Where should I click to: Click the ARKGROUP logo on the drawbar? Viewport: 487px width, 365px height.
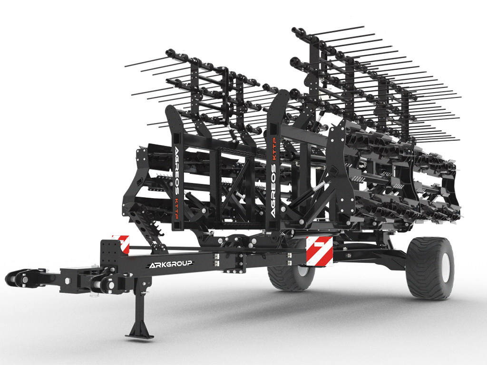tap(171, 264)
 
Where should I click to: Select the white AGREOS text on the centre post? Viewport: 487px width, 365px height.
tap(273, 190)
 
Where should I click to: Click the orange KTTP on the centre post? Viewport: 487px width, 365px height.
tap(274, 149)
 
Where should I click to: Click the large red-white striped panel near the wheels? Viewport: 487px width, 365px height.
tap(319, 251)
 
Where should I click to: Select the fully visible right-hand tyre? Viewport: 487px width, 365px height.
tap(429, 268)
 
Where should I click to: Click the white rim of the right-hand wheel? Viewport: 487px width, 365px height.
tap(445, 267)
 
